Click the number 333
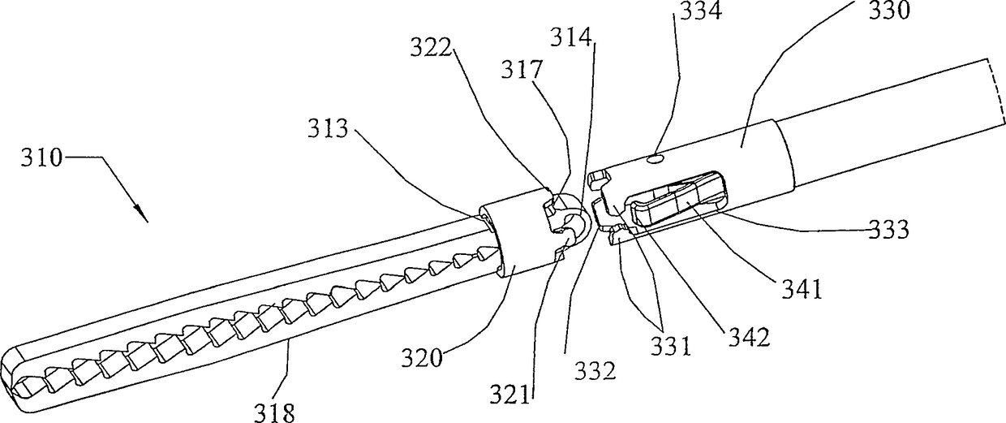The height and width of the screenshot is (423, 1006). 888,230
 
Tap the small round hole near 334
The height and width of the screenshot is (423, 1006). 654,161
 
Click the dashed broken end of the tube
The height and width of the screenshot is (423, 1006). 995,89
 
